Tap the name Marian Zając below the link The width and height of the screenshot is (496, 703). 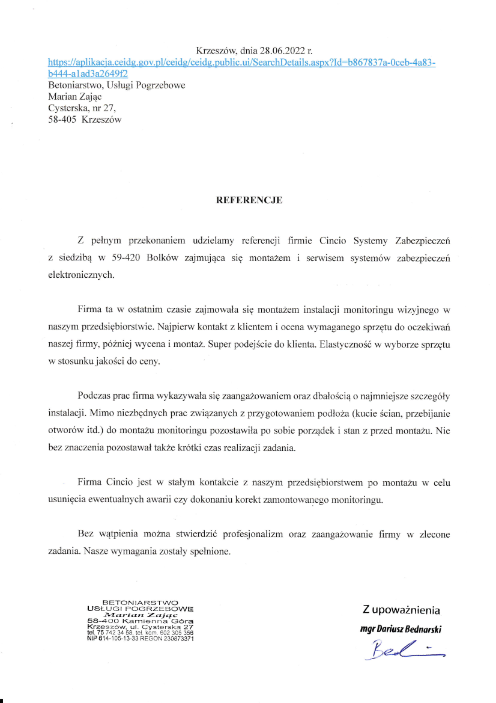coord(74,97)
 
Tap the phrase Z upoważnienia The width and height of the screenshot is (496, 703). coord(401,610)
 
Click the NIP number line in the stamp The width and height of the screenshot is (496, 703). coord(140,639)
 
